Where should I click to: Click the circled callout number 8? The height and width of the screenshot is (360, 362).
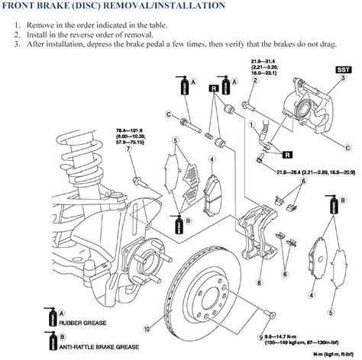pyautogui.click(x=260, y=282)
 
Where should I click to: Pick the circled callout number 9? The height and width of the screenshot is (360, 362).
pyautogui.click(x=261, y=336)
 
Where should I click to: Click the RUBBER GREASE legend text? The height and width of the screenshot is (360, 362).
pyautogui.click(x=82, y=323)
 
